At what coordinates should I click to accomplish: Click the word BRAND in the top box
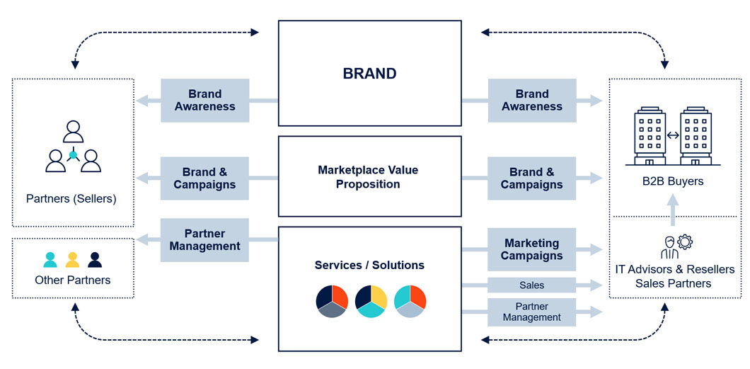(369, 74)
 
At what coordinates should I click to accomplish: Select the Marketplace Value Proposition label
(368, 177)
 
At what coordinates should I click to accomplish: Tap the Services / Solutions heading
(369, 265)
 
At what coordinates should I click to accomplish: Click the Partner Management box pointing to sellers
(204, 240)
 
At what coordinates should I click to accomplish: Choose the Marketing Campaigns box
(531, 249)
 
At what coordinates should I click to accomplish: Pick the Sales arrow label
(531, 285)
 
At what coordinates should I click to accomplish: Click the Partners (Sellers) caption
(71, 198)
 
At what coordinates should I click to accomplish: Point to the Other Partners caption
(72, 280)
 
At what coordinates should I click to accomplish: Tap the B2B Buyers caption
(672, 181)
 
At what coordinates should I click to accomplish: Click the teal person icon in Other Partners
(50, 260)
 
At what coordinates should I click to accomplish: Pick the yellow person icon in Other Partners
(72, 260)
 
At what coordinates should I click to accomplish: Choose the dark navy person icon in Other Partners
(95, 260)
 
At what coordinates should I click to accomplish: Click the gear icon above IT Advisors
(684, 242)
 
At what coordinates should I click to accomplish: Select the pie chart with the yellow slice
(371, 301)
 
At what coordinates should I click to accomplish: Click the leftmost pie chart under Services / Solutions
(332, 301)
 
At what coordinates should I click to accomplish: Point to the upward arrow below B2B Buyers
(673, 210)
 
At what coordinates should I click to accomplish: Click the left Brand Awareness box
(204, 100)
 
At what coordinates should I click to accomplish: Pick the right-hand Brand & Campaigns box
(531, 178)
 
